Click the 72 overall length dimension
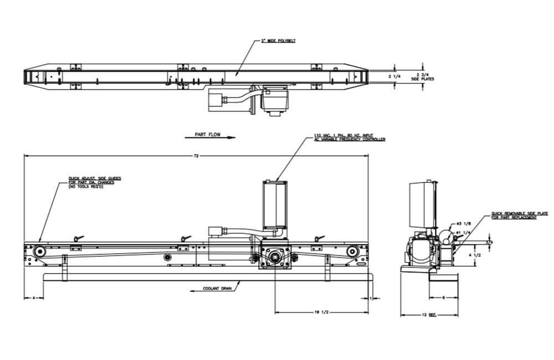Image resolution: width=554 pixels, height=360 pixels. pos(196,157)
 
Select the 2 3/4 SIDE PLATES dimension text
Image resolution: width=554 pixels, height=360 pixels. pos(422,76)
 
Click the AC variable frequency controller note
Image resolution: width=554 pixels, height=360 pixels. pos(349,137)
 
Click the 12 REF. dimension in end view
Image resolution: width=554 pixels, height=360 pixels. pos(429,315)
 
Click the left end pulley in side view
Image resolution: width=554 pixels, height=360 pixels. pos(38,252)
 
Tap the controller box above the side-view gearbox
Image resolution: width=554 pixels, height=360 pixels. pos(275,206)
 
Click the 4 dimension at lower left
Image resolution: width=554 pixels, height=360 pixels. pos(34,299)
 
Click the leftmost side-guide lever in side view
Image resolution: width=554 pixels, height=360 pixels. pos(76,239)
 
